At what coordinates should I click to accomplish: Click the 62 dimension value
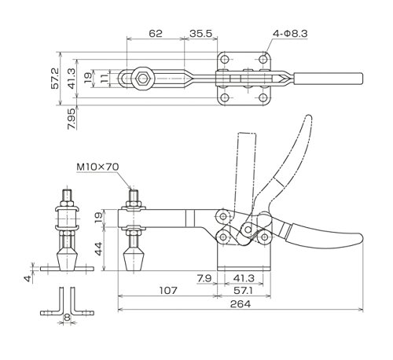pyautogui.click(x=156, y=34)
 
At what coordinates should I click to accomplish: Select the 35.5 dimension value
pyautogui.click(x=200, y=34)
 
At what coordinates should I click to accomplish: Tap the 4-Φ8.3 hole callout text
pyautogui.click(x=290, y=34)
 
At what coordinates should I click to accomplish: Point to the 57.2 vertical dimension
pyautogui.click(x=55, y=79)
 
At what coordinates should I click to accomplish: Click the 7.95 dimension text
pyautogui.click(x=72, y=119)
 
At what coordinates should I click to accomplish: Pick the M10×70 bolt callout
pyautogui.click(x=97, y=167)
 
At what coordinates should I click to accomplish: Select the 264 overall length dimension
pyautogui.click(x=241, y=304)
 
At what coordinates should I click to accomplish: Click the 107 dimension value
pyautogui.click(x=168, y=290)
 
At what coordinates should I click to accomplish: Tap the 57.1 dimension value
pyautogui.click(x=244, y=290)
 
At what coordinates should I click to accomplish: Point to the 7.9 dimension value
pyautogui.click(x=204, y=278)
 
